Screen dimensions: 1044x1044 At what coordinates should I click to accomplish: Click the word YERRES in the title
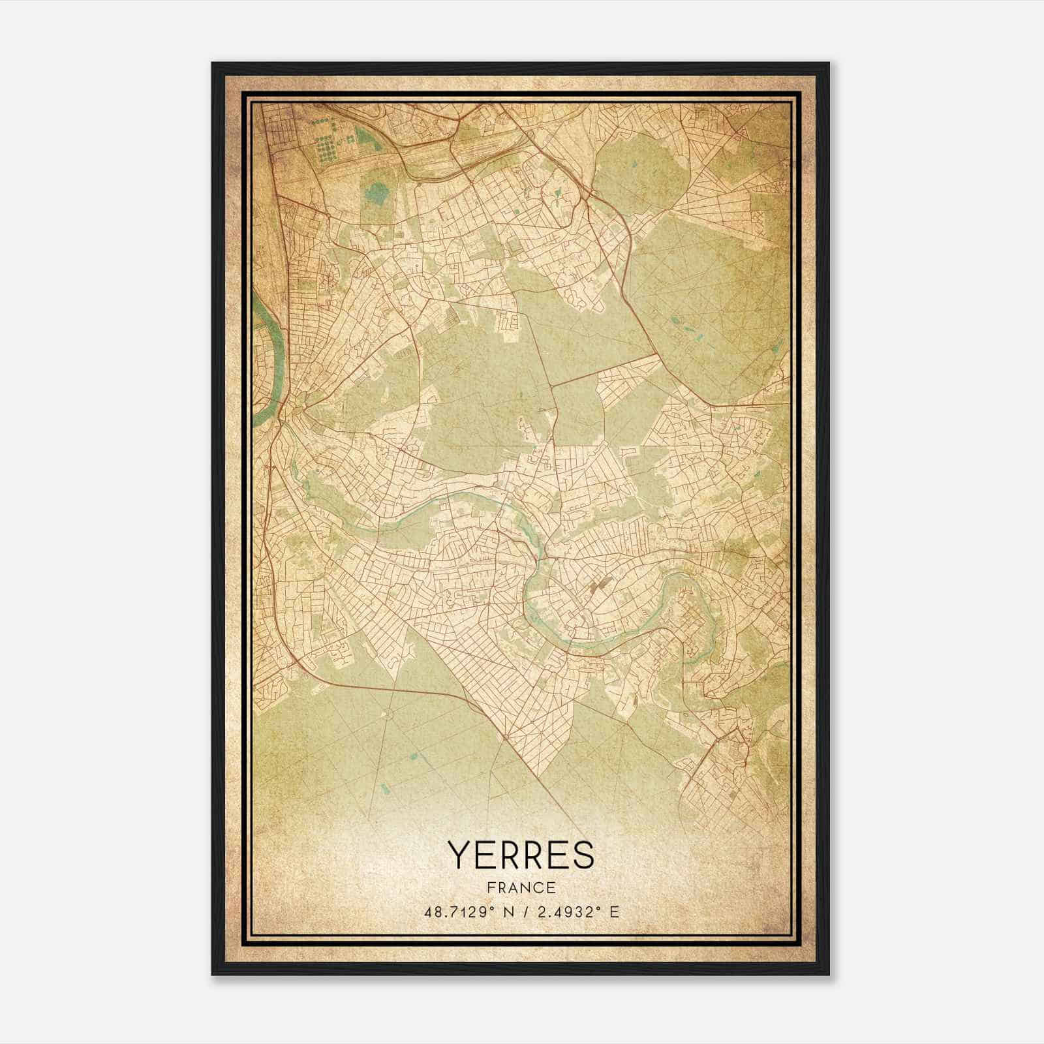coord(521,855)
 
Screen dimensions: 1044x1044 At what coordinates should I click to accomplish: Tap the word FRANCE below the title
coord(521,887)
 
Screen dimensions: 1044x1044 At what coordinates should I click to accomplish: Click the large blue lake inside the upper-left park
coord(375,192)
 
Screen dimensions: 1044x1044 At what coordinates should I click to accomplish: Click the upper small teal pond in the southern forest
coord(412,757)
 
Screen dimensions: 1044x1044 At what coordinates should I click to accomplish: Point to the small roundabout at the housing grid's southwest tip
coord(506,737)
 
